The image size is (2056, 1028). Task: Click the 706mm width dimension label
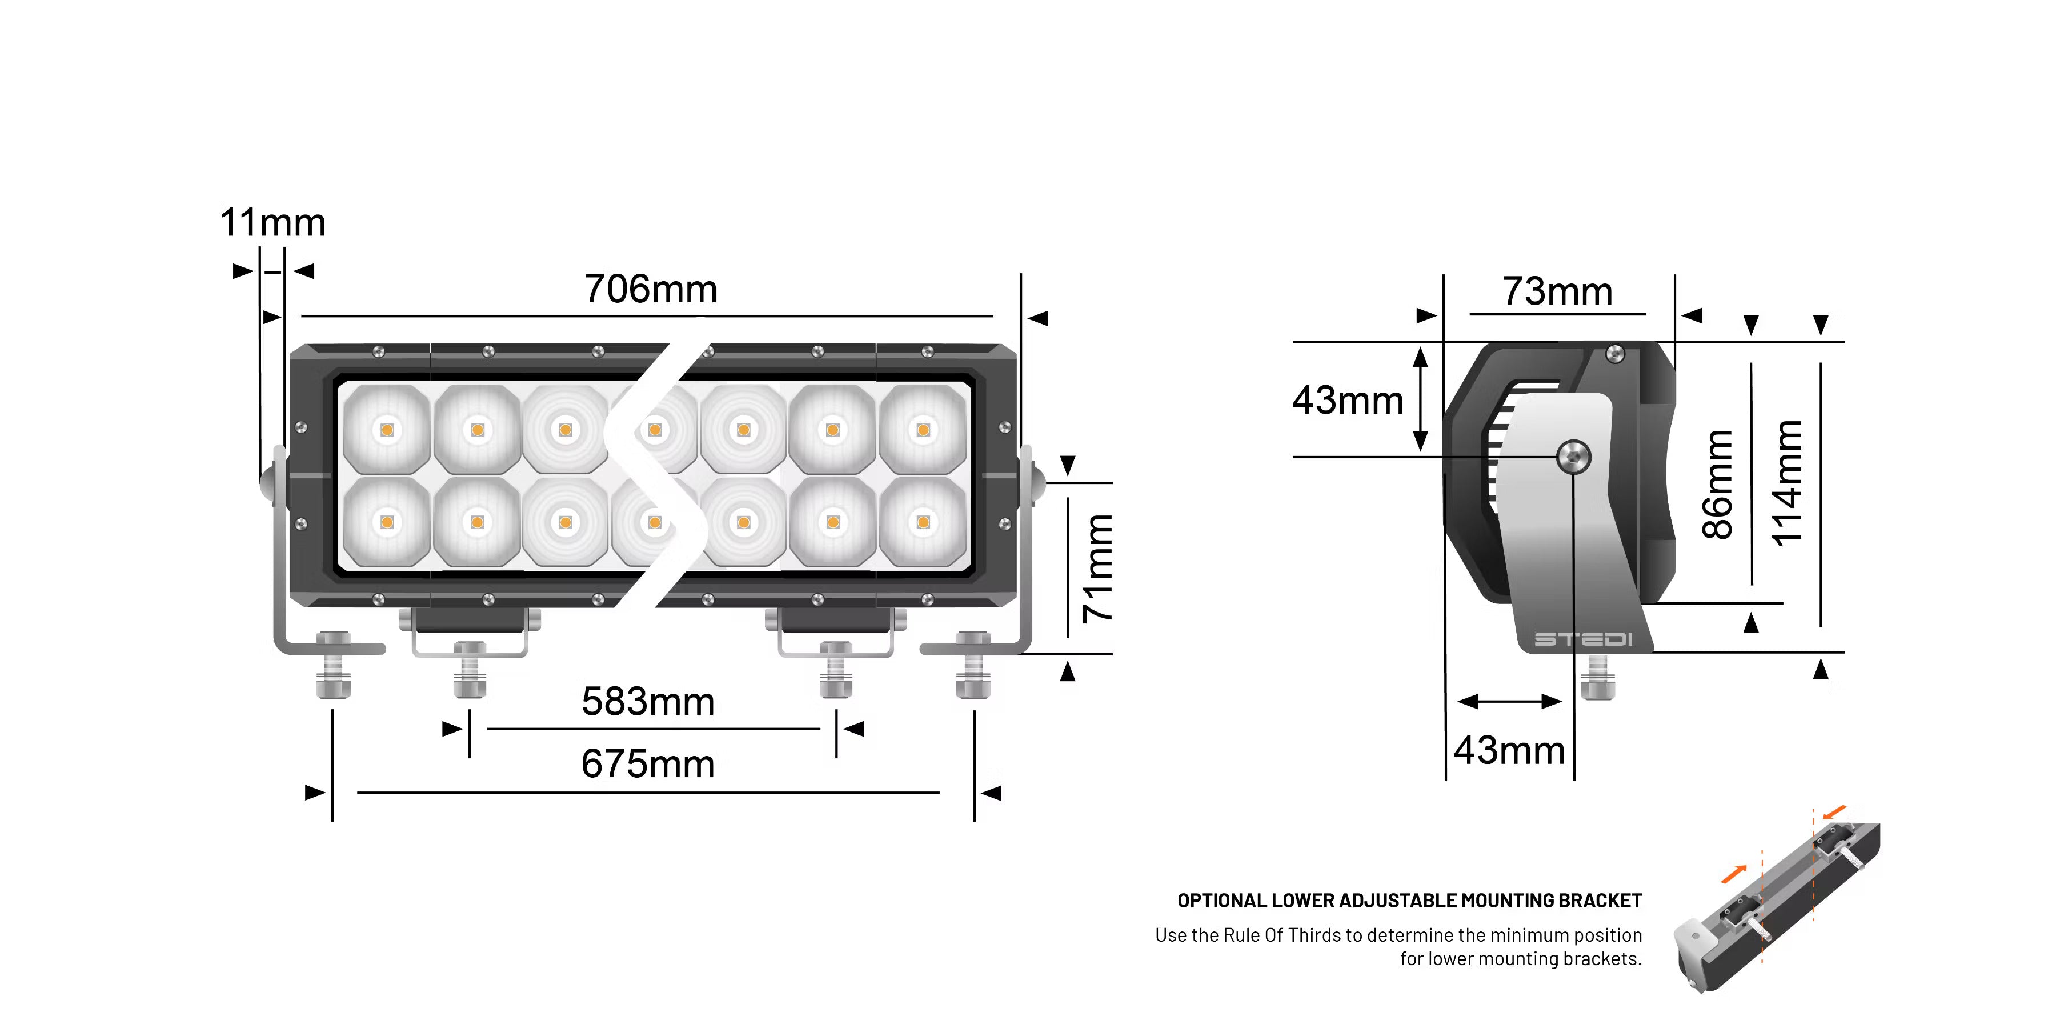[651, 289]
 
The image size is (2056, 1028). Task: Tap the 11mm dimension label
[273, 223]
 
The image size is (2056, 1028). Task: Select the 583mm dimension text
[647, 702]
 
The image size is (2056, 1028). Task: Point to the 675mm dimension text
[647, 764]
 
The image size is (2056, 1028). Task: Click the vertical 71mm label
[1098, 568]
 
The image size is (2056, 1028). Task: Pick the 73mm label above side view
[1557, 291]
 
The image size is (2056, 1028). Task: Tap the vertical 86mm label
[1718, 485]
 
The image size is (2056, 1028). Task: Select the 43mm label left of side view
[1347, 400]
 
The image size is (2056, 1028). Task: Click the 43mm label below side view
[1509, 750]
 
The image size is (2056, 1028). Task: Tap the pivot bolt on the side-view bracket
[1574, 457]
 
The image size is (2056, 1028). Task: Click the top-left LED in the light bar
[387, 430]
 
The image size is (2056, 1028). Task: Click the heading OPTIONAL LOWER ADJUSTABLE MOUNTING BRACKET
[1409, 901]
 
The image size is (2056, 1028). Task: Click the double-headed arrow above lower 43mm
[1509, 702]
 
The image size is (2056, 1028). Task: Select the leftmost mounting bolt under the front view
[334, 664]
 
